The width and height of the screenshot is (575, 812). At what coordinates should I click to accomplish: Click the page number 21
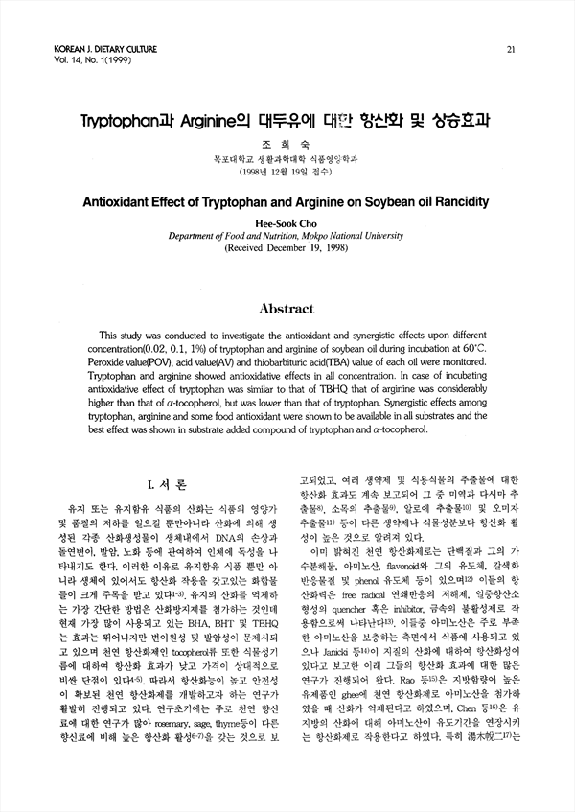(512, 49)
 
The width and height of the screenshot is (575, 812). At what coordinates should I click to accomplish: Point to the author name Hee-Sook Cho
(287, 222)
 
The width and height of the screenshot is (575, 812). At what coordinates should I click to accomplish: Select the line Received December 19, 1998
(288, 247)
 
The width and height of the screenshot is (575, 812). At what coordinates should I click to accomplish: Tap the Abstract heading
(287, 309)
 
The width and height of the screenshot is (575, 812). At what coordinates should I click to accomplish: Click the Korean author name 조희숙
(287, 146)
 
